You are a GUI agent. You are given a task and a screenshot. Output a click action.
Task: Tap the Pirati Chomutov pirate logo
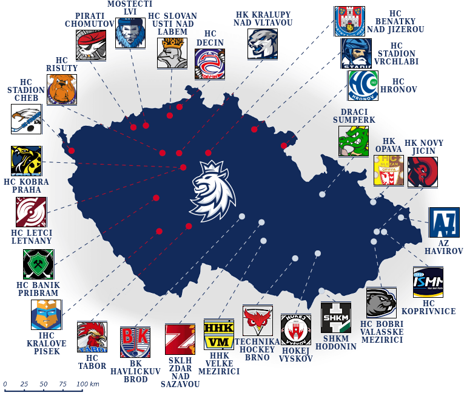pyautogui.click(x=91, y=45)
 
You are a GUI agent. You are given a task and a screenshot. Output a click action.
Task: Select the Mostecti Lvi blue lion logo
pyautogui.click(x=130, y=33)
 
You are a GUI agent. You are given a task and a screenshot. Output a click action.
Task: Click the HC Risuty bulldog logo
pyautogui.click(x=62, y=89)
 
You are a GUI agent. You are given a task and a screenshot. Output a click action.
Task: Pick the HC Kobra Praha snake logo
pyautogui.click(x=26, y=161)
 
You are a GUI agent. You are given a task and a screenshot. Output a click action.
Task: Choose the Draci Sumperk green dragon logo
pyautogui.click(x=353, y=142)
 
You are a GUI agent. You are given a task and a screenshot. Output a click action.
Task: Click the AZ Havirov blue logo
pyautogui.click(x=444, y=222)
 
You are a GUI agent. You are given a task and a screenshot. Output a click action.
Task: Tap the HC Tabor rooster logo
pyautogui.click(x=92, y=337)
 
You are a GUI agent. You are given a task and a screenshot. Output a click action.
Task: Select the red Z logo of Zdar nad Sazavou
pyautogui.click(x=180, y=339)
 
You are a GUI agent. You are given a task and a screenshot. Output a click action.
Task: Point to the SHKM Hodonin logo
pyautogui.click(x=335, y=317)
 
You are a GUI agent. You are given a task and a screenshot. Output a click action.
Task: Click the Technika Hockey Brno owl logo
pyautogui.click(x=257, y=320)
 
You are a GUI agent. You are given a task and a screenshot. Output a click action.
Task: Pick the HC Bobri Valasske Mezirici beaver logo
pyautogui.click(x=381, y=303)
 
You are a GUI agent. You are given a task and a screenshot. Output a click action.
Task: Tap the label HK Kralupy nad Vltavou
pyautogui.click(x=263, y=18)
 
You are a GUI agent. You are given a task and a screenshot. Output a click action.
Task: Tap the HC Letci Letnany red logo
pyautogui.click(x=31, y=212)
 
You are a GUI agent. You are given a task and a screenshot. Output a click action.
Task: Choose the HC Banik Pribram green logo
pyautogui.click(x=38, y=264)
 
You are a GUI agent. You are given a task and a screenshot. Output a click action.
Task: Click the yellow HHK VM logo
pyautogui.click(x=218, y=334)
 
